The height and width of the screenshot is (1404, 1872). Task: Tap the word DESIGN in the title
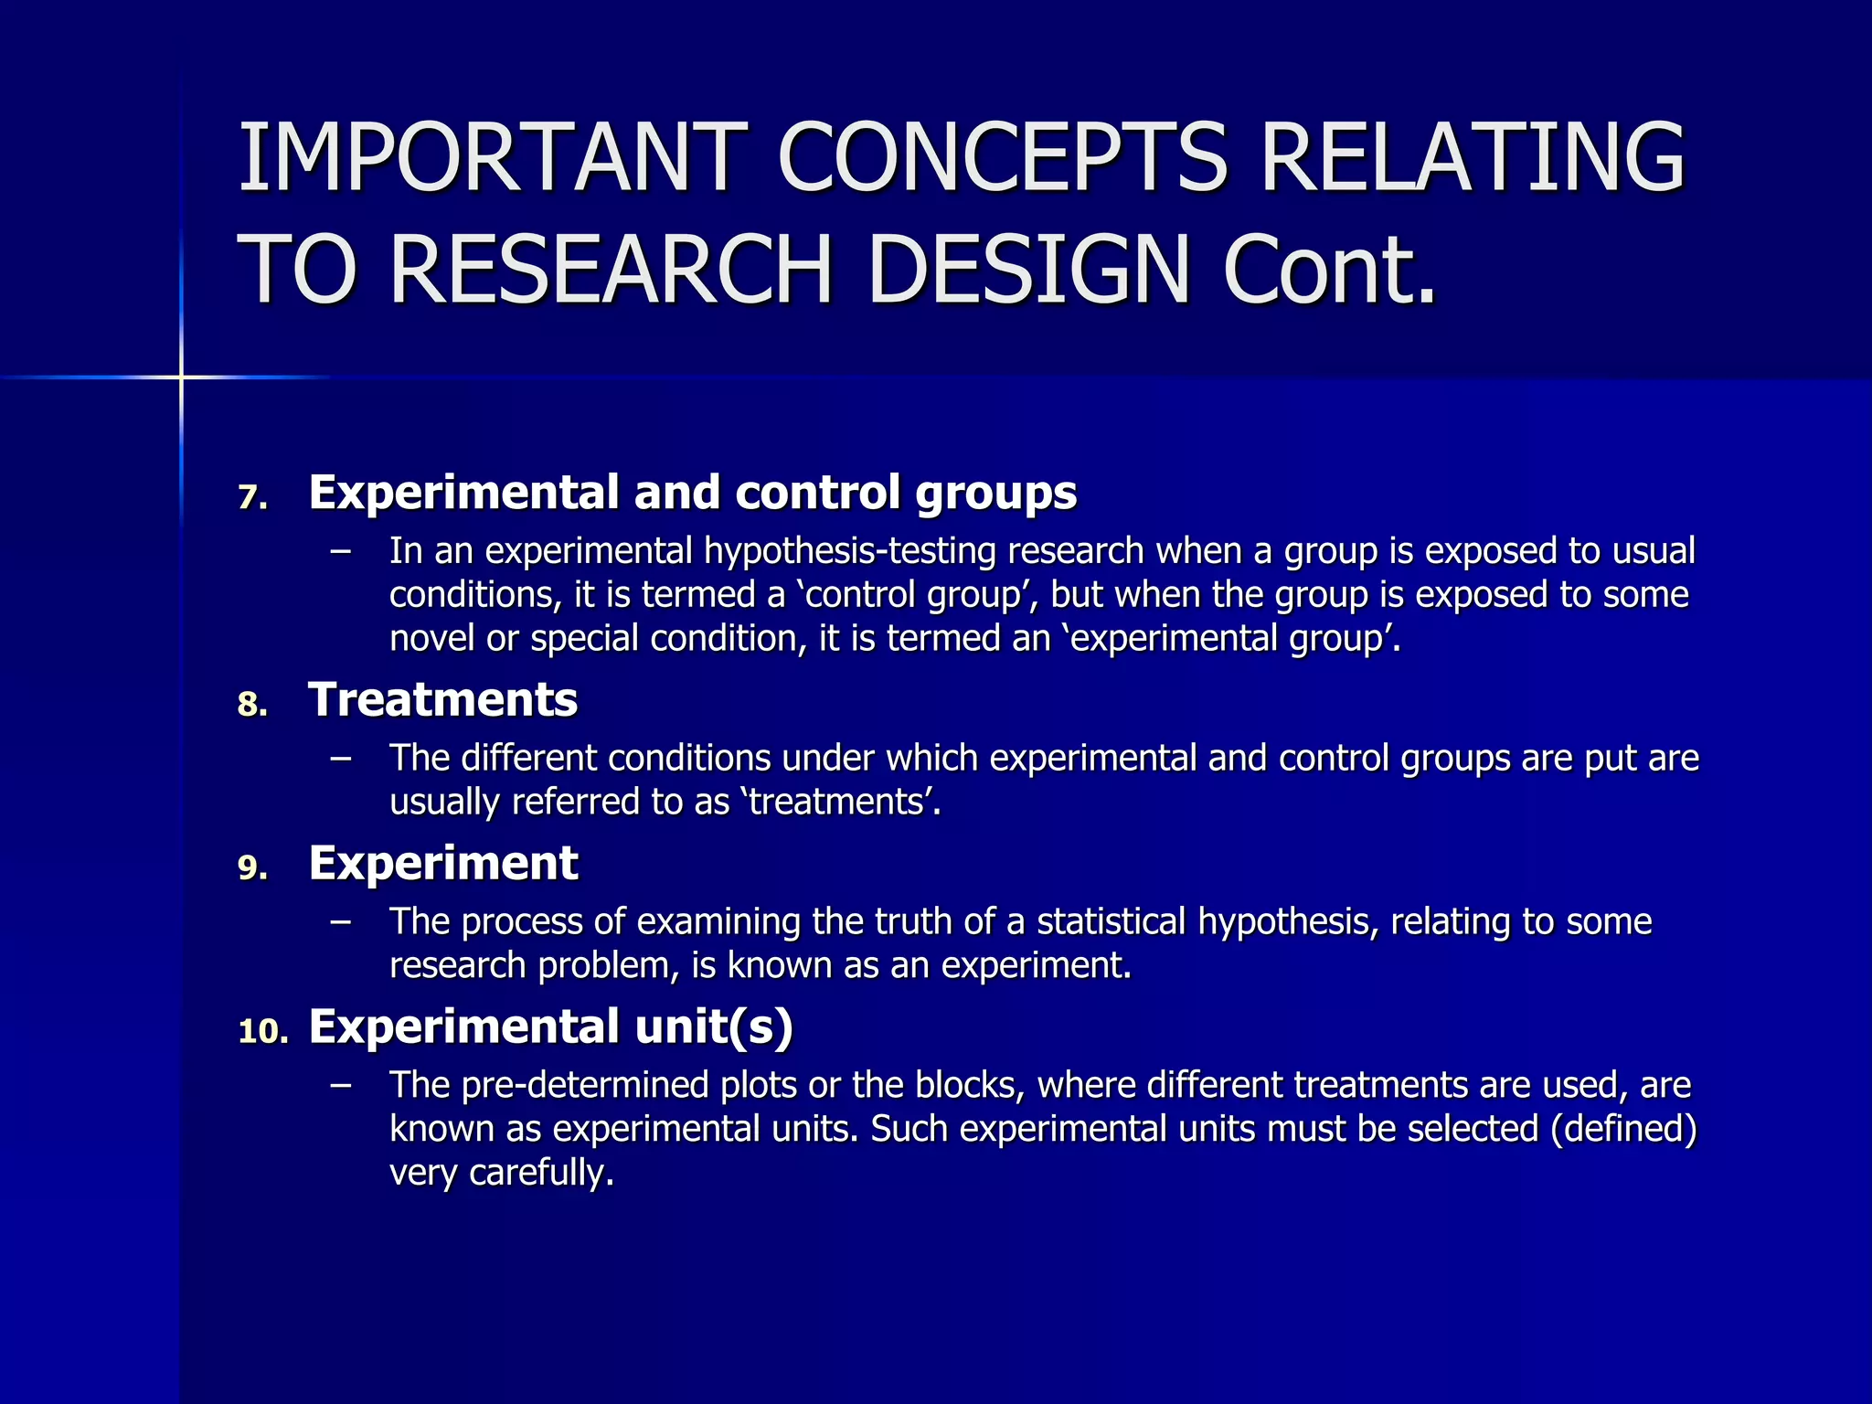pos(1029,271)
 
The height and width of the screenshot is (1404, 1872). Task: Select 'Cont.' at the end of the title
pos(1330,271)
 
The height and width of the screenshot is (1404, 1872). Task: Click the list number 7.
pos(252,498)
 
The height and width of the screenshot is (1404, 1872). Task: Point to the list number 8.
pos(252,706)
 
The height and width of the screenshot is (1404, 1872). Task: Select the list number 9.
pos(252,868)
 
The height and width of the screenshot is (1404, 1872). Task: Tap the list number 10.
pos(263,1032)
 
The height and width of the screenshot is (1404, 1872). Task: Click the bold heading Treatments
pos(443,700)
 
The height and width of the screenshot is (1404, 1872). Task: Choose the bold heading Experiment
pos(443,863)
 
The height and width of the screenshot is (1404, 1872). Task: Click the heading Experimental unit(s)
pos(551,1026)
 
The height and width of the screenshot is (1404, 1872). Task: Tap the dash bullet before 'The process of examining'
pos(341,921)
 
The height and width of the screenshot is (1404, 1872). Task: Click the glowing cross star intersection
pos(181,377)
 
